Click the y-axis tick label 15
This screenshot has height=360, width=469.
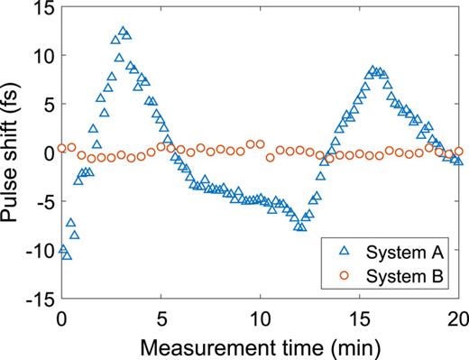click(x=41, y=7)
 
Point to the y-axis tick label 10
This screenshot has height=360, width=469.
click(x=41, y=56)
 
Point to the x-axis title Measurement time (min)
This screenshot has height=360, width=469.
click(x=261, y=344)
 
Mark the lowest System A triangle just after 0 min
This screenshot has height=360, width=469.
click(x=67, y=255)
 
